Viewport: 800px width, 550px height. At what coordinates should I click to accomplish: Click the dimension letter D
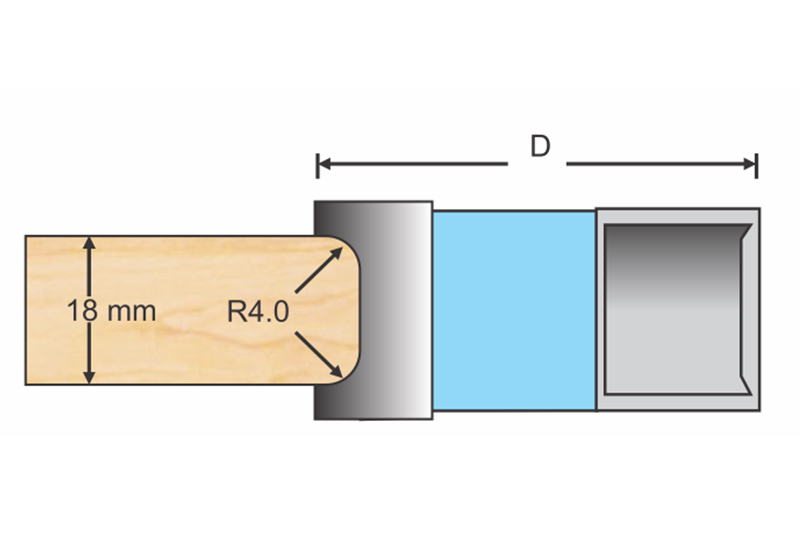coord(539,147)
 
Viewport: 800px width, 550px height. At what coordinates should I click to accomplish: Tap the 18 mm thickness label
coord(112,310)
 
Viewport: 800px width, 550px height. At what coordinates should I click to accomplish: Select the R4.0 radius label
coord(257,311)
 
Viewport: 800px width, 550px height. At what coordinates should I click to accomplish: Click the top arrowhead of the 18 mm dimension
coord(90,243)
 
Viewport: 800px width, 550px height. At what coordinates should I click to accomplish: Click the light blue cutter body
coord(513,310)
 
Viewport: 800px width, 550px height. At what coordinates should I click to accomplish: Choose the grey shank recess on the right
coord(675,310)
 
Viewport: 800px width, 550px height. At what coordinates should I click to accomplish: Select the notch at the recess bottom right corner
coord(745,386)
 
